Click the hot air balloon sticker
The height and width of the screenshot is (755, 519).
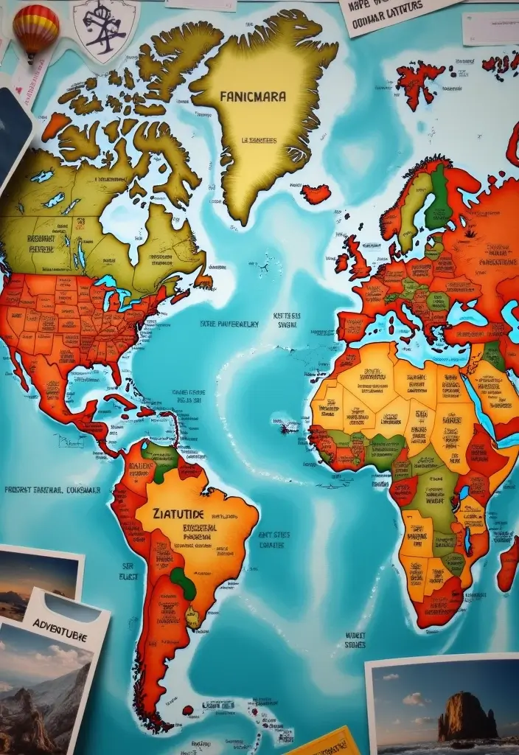[35, 29]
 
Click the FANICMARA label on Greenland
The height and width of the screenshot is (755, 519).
[253, 96]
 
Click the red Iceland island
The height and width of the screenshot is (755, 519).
[316, 195]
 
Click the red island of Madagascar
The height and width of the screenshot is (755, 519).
[507, 564]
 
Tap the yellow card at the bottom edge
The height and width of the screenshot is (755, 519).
[324, 743]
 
